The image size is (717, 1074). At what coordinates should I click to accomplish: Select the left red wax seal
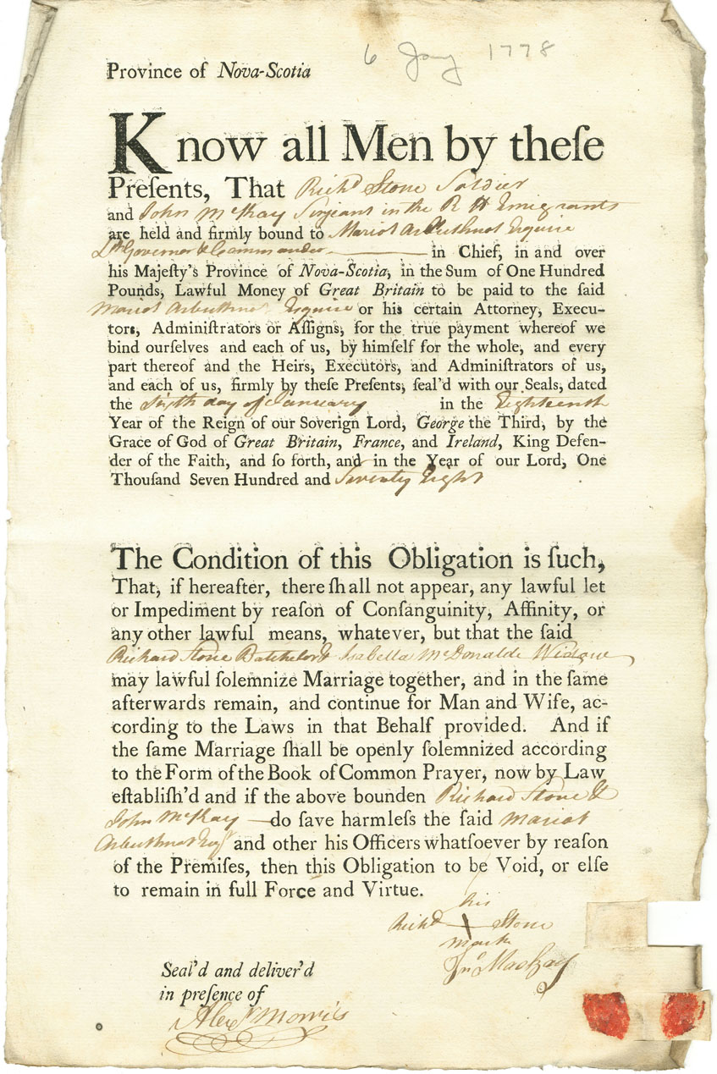tap(605, 1014)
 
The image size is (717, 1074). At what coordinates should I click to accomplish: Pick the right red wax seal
tap(683, 1014)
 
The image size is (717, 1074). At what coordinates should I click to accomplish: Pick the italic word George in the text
tap(476, 422)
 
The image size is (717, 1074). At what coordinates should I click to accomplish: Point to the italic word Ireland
tap(477, 441)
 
